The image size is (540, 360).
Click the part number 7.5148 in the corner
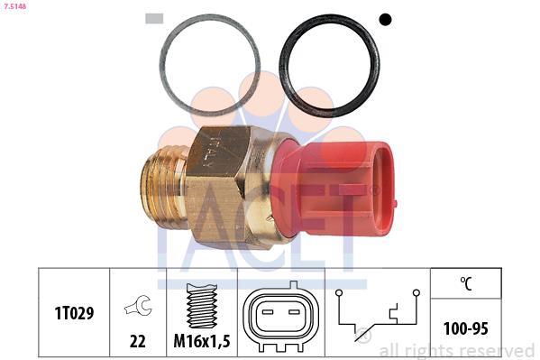click(14, 6)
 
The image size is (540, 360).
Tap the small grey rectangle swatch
click(154, 19)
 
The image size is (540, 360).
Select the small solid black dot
click(385, 19)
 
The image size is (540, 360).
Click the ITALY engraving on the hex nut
click(209, 152)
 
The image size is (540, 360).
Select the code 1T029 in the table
click(75, 313)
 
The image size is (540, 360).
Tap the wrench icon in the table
click(138, 306)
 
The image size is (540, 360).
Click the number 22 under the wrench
click(138, 341)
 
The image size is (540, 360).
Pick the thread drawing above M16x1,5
click(202, 306)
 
